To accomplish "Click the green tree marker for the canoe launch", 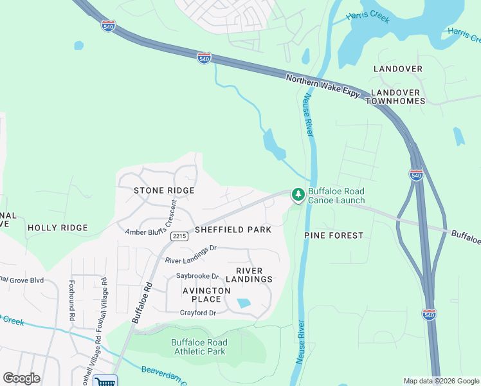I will pos(298,194).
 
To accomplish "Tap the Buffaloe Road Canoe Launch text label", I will pos(336,196).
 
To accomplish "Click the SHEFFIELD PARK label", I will pos(233,229).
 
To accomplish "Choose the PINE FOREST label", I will pos(334,235).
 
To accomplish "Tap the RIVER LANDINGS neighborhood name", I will pos(253,275).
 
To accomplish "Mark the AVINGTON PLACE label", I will pos(206,295).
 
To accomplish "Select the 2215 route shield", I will pos(179,237).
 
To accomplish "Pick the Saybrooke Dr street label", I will pos(197,276).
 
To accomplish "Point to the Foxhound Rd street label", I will pos(72,300).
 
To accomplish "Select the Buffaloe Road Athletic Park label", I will pos(199,347).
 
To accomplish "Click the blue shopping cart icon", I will pos(105,381).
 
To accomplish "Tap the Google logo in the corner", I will pos(21,378).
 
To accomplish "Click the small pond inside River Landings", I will pos(244,303).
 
